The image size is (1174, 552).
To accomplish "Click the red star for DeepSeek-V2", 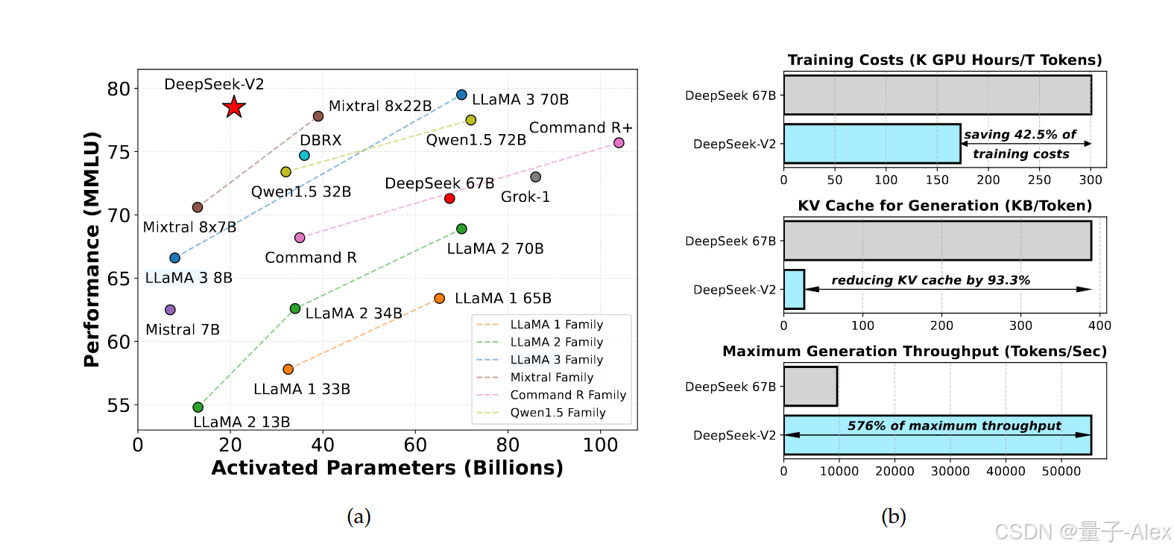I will coord(234,107).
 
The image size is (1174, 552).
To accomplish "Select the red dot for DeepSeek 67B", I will coord(449,198).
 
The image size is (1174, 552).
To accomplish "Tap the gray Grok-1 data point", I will coord(535,177).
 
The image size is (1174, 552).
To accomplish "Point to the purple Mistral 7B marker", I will coord(170,310).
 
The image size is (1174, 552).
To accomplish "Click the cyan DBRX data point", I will coord(304,156).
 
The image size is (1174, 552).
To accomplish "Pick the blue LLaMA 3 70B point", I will coord(461,95).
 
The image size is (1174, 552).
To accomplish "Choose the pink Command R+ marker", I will coord(619,143).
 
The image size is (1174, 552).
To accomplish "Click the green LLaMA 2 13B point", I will coord(198,407).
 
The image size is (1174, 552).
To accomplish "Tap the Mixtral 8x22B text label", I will coord(380,106).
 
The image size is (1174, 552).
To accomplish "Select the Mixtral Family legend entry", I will coord(552,377).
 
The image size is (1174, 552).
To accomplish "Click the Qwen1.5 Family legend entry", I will coord(558,412).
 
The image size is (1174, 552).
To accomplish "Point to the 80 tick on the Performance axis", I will coord(119,89).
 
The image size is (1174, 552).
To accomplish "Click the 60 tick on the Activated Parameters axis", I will coord(415,445).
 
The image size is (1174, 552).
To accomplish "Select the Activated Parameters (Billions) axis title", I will coord(387,468).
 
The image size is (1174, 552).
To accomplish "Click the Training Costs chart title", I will coord(944,60).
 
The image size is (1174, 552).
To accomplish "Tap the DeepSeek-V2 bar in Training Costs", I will coord(872,144).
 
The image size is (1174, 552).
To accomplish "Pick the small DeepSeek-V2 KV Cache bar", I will coord(794,289).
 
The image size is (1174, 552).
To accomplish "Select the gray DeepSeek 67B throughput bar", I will coord(810,386).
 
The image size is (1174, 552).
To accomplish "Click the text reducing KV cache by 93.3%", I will coord(930,280).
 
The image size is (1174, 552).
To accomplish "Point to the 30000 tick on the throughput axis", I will coord(950,471).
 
